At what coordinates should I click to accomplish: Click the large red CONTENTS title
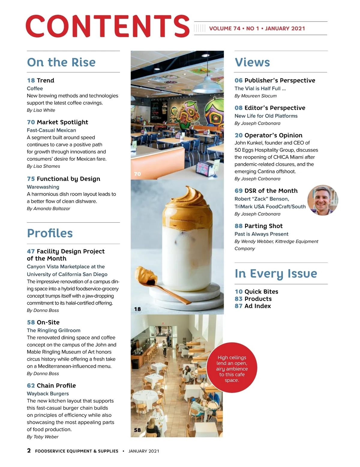click(107, 26)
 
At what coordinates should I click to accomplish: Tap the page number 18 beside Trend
click(31, 80)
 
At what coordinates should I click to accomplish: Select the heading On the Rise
click(61, 62)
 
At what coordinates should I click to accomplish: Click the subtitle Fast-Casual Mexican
click(51, 130)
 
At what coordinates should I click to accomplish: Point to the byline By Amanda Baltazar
click(48, 209)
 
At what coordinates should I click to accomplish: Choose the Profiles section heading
click(50, 233)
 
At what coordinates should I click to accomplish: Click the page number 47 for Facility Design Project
click(31, 251)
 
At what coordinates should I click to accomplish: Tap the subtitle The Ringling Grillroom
click(53, 330)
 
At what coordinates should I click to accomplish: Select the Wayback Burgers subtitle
click(48, 394)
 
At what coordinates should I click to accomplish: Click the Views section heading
click(252, 62)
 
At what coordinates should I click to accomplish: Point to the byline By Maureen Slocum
click(256, 96)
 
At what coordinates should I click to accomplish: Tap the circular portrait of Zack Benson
click(323, 200)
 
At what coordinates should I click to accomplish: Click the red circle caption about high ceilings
click(232, 368)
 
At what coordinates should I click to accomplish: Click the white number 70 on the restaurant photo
click(137, 174)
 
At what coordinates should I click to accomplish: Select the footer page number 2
click(29, 451)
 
